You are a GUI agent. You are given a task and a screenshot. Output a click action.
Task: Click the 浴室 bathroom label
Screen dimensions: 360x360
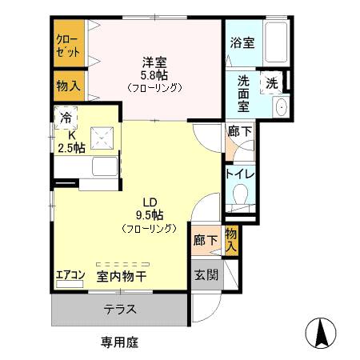(242, 43)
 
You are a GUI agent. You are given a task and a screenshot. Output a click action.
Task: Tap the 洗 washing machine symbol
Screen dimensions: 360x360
(272, 82)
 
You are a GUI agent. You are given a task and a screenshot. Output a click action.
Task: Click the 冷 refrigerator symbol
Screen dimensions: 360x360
(65, 118)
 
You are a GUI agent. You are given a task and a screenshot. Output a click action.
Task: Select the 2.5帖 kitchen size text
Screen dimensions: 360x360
(70, 147)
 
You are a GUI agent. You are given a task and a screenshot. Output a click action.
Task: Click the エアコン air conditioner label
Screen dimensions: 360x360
(70, 276)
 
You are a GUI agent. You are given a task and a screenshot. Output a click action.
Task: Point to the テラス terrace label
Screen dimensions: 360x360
(119, 310)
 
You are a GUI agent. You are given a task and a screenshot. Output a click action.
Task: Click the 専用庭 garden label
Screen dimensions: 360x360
(120, 342)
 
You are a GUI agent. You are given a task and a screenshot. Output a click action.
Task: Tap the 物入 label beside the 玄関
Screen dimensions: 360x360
(230, 240)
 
